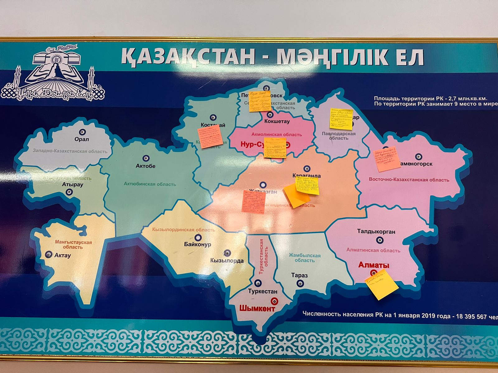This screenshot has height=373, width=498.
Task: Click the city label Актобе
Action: [145, 166]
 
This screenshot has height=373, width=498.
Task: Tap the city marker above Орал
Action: [82, 132]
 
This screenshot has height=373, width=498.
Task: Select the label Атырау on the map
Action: [73, 184]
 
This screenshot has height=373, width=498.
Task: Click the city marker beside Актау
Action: [49, 255]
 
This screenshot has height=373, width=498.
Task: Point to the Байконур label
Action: [197, 244]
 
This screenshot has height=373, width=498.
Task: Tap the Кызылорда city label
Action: [227, 261]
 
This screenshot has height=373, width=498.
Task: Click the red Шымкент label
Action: [257, 309]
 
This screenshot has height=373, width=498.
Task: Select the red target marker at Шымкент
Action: [274, 301]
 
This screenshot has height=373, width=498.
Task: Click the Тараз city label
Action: [299, 275]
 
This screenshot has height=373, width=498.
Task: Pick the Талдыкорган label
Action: [376, 232]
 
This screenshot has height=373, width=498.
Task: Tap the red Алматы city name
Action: [374, 265]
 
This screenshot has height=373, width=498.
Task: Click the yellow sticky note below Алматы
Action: [381, 284]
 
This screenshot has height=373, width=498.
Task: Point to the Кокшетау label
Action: [277, 122]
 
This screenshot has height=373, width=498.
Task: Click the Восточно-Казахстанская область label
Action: [409, 180]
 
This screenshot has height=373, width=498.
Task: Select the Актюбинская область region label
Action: [150, 184]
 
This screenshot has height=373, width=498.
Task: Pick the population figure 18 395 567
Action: [471, 316]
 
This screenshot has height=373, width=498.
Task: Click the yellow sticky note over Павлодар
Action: [341, 119]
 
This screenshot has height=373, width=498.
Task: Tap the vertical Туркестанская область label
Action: [263, 256]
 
